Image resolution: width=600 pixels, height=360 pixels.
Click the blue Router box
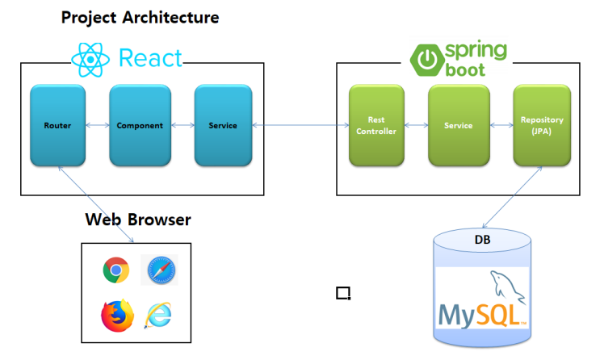click(x=57, y=126)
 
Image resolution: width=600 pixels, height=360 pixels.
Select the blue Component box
click(x=140, y=126)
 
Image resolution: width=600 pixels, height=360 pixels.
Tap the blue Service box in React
click(x=222, y=126)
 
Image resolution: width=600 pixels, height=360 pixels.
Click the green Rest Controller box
click(x=376, y=126)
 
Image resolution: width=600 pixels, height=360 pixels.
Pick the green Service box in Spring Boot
click(x=458, y=126)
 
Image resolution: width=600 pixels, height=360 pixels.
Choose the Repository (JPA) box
click(x=542, y=126)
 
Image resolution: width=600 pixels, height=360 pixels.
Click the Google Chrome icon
click(x=115, y=270)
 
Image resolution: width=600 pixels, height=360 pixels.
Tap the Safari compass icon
click(x=162, y=270)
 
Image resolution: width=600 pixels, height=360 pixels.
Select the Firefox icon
click(x=116, y=315)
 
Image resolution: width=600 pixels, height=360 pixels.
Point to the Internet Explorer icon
click(x=158, y=316)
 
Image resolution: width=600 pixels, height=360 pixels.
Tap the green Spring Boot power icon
click(x=426, y=60)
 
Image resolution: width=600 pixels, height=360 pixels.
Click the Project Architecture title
click(x=140, y=17)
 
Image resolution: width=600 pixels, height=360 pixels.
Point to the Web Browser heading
click(x=138, y=220)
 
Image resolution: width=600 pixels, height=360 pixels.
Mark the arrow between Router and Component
click(x=97, y=126)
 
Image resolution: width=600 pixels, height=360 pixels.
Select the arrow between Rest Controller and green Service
click(x=416, y=126)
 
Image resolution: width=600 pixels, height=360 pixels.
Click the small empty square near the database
click(x=343, y=292)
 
